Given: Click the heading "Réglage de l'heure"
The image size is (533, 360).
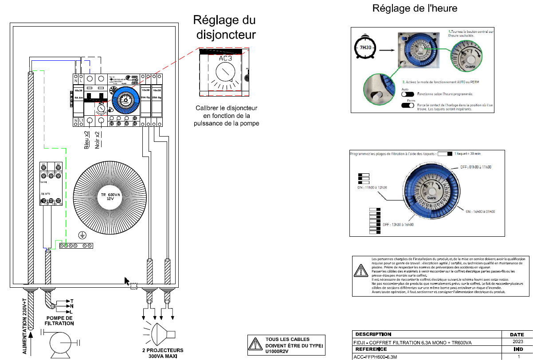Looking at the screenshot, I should [x=415, y=8].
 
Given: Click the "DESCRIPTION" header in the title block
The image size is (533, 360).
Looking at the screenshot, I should [x=373, y=334].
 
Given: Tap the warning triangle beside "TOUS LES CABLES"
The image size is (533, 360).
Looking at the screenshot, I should [x=255, y=344].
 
